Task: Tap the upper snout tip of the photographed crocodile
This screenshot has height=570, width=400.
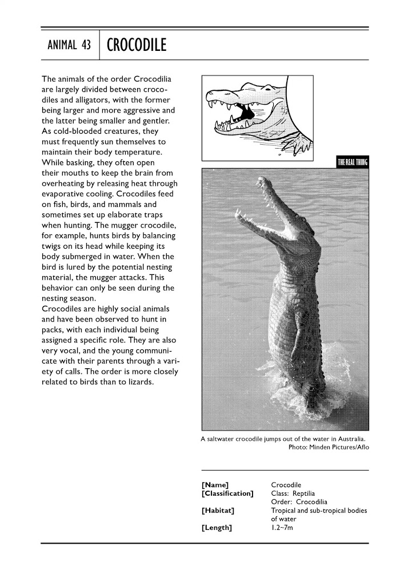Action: pos(261,181)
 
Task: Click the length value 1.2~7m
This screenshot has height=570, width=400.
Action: pos(282,527)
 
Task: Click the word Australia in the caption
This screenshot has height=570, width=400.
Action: pos(351,439)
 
